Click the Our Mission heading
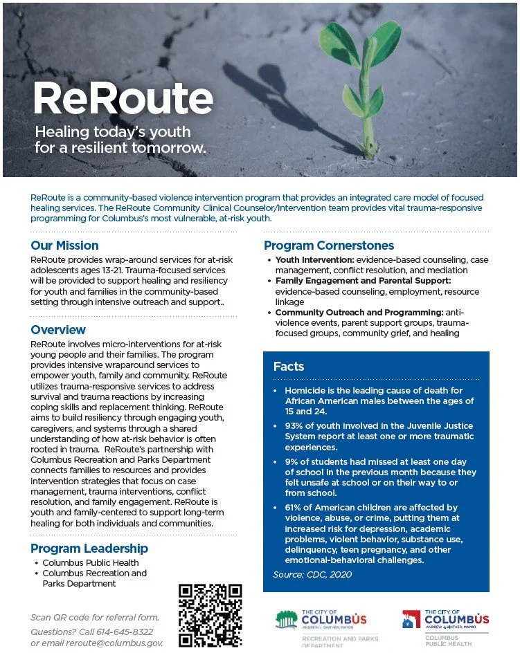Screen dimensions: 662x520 click(64, 246)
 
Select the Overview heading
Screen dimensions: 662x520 click(58, 330)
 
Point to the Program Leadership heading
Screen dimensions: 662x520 click(89, 549)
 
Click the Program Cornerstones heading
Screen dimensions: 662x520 click(329, 246)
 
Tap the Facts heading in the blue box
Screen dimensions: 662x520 click(289, 366)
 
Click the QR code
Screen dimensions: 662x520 click(210, 616)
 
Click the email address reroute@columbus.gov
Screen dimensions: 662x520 click(115, 643)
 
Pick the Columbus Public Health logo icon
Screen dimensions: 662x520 click(411, 619)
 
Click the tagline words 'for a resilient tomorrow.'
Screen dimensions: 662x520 click(120, 148)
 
